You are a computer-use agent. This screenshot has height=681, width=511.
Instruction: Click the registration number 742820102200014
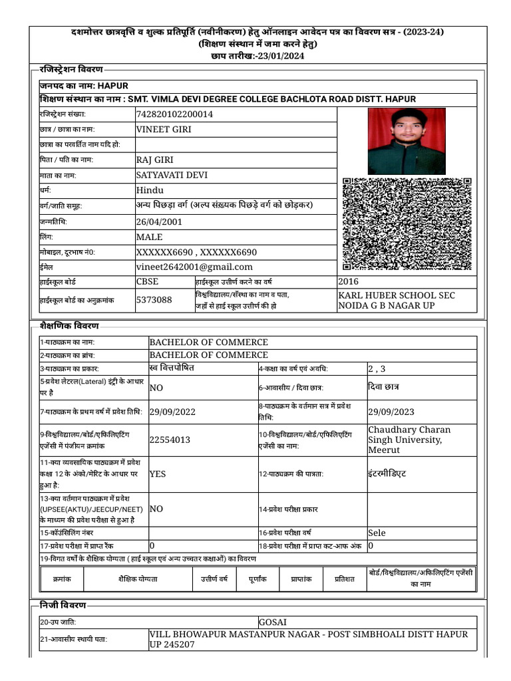[174, 114]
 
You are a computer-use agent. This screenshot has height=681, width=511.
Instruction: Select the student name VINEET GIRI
[164, 129]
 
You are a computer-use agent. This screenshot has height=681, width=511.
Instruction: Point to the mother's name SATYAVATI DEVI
[172, 175]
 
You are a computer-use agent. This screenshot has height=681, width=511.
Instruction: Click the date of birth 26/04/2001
[158, 221]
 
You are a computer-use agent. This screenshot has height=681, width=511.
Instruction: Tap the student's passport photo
[406, 141]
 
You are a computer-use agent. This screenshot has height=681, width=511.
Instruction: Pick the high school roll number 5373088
[154, 300]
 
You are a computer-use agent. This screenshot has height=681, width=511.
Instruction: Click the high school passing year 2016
[348, 281]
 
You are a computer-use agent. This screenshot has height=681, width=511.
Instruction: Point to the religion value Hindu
[150, 190]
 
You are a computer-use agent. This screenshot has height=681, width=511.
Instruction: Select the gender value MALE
[149, 237]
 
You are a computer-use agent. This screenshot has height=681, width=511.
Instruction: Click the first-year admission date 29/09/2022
[172, 412]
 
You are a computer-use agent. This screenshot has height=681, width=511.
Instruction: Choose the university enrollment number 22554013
[170, 440]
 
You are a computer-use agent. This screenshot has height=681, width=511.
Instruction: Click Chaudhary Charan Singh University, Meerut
[409, 440]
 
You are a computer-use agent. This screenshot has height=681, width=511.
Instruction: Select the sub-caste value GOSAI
[272, 622]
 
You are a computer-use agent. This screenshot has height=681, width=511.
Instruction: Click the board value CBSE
[147, 281]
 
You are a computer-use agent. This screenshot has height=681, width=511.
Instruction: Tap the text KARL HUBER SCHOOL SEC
[397, 295]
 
